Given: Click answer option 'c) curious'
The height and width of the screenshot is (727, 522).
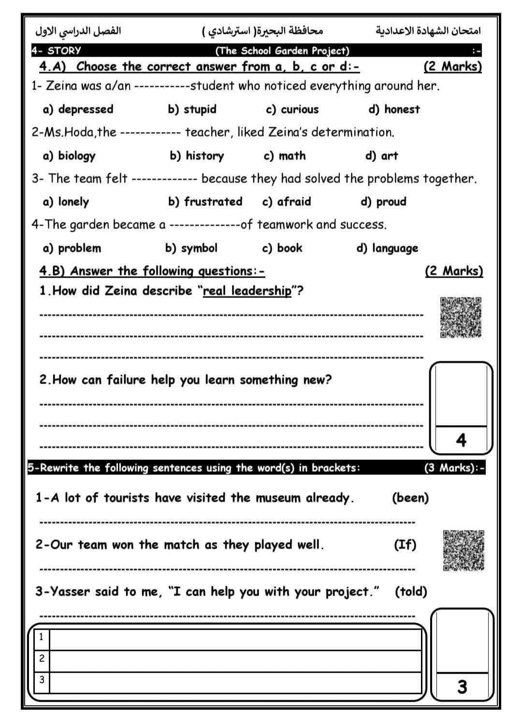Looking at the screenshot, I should tap(292, 109).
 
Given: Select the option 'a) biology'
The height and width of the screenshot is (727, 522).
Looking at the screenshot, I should tap(70, 156).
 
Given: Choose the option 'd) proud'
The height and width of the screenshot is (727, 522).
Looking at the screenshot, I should tap(384, 202).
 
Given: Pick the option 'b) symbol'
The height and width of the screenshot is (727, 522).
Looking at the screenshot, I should tap(191, 248).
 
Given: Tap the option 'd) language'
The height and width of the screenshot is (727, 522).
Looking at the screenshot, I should tap(387, 249).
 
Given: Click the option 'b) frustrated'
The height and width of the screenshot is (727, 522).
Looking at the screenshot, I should tap(205, 202).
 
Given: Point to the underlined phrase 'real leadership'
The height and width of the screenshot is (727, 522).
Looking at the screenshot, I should tap(247, 291).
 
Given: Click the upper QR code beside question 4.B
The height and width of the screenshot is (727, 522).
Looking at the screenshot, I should tap(461, 317).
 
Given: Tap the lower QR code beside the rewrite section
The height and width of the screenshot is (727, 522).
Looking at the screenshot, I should tap(464, 550).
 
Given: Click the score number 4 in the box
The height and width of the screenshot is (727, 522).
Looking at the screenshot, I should tap(461, 440).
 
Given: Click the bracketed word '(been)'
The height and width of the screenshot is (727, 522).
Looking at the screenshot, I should tap(410, 498).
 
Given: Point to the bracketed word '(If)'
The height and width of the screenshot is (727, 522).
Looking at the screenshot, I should tap(405, 545).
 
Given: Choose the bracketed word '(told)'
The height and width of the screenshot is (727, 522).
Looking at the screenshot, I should tap(411, 592).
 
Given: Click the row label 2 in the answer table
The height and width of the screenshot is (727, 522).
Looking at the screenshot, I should tap(42, 658).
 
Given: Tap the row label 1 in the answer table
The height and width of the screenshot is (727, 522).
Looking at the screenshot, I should tap(42, 637).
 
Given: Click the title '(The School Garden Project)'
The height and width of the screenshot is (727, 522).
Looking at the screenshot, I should tap(282, 51).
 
